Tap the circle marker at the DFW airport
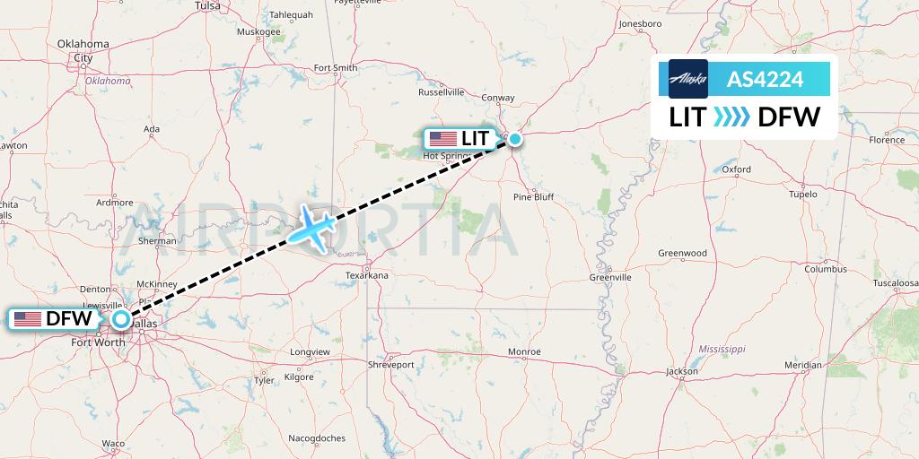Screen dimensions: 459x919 (x=121, y=318)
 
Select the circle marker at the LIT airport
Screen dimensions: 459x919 (x=515, y=139)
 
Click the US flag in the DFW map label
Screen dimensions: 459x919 (x=28, y=318)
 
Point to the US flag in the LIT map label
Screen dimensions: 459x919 (x=442, y=139)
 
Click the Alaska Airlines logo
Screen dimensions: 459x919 (x=688, y=79)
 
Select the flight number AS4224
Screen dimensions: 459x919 (x=765, y=79)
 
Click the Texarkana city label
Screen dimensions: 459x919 (x=367, y=275)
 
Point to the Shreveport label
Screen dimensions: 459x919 (x=391, y=365)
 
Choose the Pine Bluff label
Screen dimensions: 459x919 (x=533, y=196)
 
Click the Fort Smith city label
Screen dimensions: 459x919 (x=336, y=68)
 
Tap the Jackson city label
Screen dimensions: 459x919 (x=682, y=371)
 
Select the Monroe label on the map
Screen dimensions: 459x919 (x=524, y=351)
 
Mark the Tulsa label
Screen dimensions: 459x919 (x=207, y=5)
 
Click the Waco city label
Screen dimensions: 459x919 (x=113, y=444)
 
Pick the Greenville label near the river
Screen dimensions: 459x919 (x=610, y=277)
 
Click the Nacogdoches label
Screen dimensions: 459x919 (x=317, y=438)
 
